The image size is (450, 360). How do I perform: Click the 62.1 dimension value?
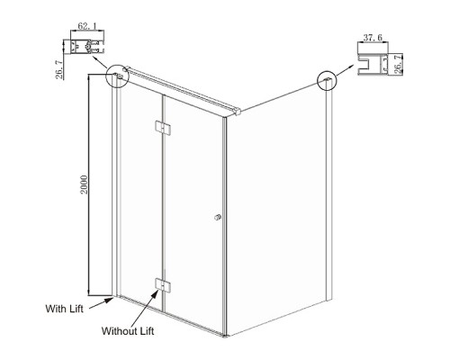(87, 26)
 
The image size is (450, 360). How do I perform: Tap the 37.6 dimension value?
(373, 38)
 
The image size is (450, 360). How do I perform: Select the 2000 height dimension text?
(85, 184)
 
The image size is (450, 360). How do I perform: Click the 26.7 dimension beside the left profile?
(59, 69)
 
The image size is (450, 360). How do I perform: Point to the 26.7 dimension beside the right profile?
(397, 64)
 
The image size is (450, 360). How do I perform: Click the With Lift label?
(64, 309)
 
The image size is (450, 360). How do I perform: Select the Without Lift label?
(128, 331)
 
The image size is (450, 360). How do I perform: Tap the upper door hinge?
(163, 127)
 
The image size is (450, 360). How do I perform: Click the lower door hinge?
(163, 285)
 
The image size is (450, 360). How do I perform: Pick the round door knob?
(218, 217)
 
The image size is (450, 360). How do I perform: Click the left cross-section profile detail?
(87, 47)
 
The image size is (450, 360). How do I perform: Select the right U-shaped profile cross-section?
(373, 64)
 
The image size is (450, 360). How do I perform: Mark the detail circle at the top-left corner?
(117, 76)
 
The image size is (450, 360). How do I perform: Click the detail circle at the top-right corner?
(327, 80)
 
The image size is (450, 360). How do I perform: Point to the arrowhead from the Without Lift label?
(155, 293)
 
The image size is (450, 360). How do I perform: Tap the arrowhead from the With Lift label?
(110, 300)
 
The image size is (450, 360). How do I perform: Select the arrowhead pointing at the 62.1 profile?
(94, 57)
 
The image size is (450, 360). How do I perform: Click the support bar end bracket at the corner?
(238, 112)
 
